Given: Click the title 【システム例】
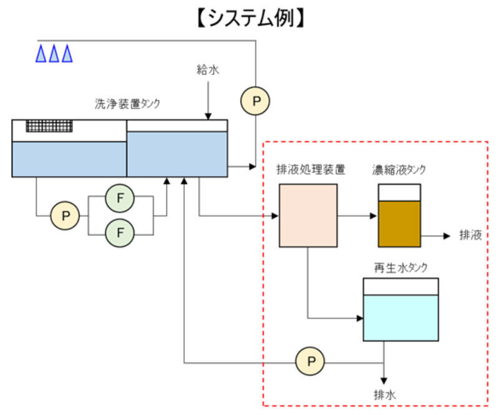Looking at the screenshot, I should click(x=249, y=18).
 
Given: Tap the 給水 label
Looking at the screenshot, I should click(x=208, y=71).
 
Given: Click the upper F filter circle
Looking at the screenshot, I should click(x=120, y=198).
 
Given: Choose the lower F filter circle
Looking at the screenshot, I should click(x=120, y=233).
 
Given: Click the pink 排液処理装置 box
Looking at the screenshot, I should click(x=308, y=215).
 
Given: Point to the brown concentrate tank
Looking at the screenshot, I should click(x=399, y=222).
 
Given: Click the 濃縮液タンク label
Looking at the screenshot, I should click(x=399, y=169).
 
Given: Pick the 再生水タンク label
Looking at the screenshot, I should click(x=400, y=266).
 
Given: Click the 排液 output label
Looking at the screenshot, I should click(x=470, y=235).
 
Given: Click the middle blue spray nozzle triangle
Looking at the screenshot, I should click(x=54, y=54).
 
